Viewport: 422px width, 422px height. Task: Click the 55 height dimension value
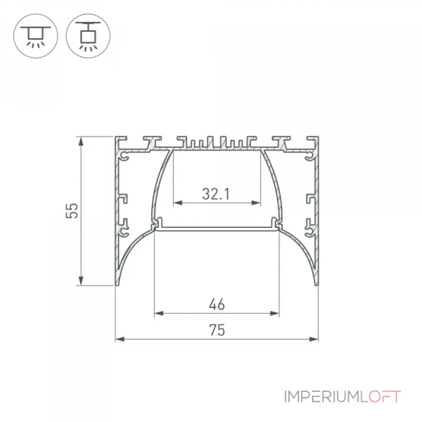[x=72, y=210]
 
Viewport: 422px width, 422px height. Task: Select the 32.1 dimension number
[x=216, y=194]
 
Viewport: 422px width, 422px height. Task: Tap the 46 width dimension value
[x=217, y=304]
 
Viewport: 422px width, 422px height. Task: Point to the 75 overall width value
[x=217, y=330]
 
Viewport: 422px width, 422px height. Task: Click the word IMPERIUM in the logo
[x=322, y=397]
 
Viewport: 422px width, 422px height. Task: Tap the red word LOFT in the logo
[x=380, y=397]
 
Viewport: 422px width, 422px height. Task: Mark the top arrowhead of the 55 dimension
[x=81, y=141]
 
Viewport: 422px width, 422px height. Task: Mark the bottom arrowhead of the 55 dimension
[x=81, y=281]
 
